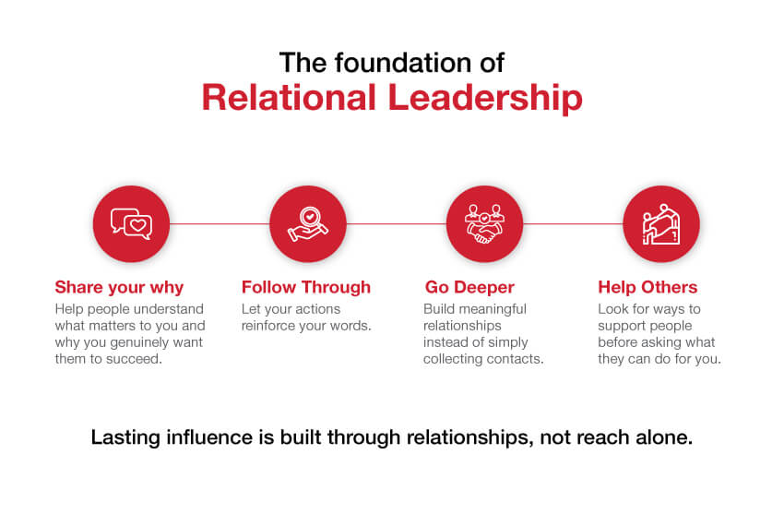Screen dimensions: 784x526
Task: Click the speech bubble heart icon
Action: pyautogui.click(x=131, y=223)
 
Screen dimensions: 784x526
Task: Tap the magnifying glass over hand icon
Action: pyautogui.click(x=308, y=223)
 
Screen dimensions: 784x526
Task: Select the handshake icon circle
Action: pyautogui.click(x=484, y=223)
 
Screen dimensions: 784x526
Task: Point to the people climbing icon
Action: pyautogui.click(x=661, y=223)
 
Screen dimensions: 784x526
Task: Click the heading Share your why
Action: pyautogui.click(x=119, y=288)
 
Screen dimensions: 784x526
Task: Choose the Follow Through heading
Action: pyautogui.click(x=306, y=287)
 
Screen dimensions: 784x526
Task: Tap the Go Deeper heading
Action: pyautogui.click(x=469, y=287)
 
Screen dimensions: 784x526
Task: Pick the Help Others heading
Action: pyautogui.click(x=647, y=287)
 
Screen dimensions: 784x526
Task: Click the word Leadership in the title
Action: pyautogui.click(x=485, y=98)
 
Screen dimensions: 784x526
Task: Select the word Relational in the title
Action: pyautogui.click(x=289, y=98)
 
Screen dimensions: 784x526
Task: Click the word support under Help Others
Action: pyautogui.click(x=620, y=327)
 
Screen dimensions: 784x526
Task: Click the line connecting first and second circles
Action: pyautogui.click(x=220, y=223)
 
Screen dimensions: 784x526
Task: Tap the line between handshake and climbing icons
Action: pyautogui.click(x=573, y=223)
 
